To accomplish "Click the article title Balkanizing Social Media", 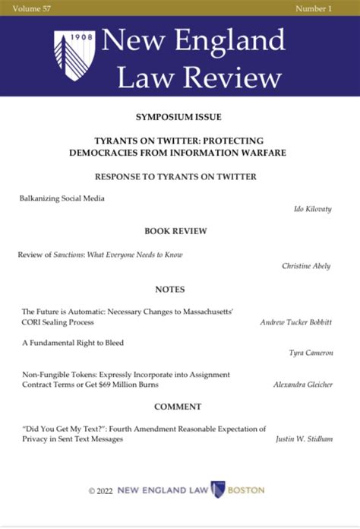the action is click(62, 198).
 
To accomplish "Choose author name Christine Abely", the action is click(306, 266).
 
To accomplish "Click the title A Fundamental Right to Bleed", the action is click(73, 343).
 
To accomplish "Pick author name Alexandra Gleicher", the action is click(302, 385).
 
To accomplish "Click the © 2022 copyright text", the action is click(100, 490).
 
